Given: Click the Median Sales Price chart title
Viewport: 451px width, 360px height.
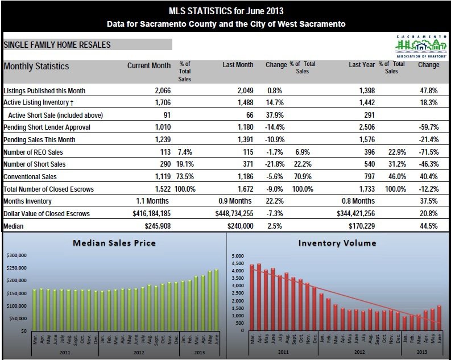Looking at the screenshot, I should [114, 243].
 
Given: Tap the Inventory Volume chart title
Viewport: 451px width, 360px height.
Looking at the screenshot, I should [337, 243].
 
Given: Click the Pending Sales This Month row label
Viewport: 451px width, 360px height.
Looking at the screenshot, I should [39, 139].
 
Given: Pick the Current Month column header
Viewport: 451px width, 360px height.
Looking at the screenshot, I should [148, 65].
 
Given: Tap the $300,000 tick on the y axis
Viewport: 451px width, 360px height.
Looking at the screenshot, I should [16, 256].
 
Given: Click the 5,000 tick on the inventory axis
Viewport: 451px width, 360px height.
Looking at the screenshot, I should [238, 256].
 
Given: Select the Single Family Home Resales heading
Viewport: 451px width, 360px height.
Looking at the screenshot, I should [57, 44].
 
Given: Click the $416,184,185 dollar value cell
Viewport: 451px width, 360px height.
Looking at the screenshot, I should [144, 213].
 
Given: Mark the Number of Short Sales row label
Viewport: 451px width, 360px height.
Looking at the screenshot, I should [35, 164].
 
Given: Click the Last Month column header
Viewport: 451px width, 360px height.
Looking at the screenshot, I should [238, 65].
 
